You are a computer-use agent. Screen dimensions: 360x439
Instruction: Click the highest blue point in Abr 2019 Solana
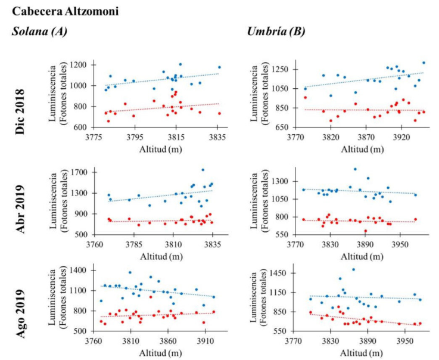pos(203,170)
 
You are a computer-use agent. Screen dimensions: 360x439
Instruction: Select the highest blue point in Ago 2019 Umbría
pos(353,269)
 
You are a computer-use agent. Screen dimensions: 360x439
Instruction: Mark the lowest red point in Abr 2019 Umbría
pos(366,231)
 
